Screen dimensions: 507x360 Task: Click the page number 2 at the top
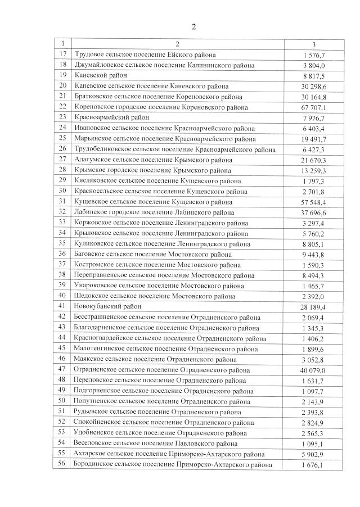point(194,26)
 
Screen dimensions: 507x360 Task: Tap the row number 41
point(62,306)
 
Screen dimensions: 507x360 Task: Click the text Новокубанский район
point(107,306)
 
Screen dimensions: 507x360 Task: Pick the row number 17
point(62,55)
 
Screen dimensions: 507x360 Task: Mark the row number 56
point(62,464)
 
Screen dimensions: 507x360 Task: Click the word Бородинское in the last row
point(97,464)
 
